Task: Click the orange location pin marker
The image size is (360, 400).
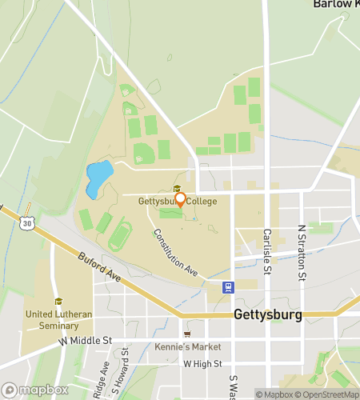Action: (180, 200)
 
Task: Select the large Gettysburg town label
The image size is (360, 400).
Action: (268, 314)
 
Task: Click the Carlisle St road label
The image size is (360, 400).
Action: (268, 257)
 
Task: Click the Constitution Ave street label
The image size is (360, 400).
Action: (175, 253)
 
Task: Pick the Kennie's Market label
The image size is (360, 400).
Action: (189, 346)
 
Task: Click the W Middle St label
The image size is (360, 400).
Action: (84, 341)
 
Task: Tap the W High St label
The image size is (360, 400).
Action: (201, 363)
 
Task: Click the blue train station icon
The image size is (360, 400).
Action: (229, 287)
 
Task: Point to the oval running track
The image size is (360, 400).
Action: (120, 234)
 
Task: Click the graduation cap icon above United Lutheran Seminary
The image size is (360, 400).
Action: (58, 302)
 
